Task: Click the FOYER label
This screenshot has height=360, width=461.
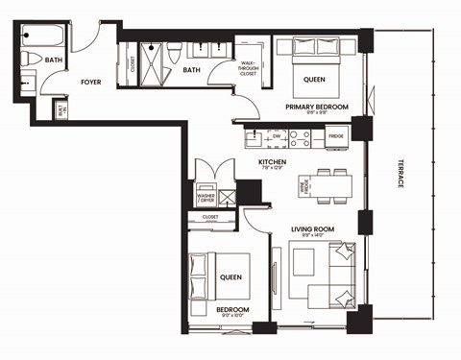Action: pos(91,83)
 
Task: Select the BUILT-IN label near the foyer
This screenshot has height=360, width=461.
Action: pos(63,110)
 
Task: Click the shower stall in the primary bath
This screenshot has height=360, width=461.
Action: pos(153,52)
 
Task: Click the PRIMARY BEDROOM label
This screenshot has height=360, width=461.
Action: pos(316,107)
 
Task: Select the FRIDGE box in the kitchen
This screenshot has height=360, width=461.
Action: pos(335,135)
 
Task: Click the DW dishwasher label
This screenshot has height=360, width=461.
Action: pos(276,135)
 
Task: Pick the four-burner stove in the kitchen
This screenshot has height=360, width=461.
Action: pos(300,135)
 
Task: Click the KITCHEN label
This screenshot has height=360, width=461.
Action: pos(274,162)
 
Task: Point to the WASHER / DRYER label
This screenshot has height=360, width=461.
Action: pos(206,198)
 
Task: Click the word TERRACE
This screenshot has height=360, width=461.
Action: pos(400,181)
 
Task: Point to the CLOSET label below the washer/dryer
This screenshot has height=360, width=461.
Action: pos(209,217)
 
